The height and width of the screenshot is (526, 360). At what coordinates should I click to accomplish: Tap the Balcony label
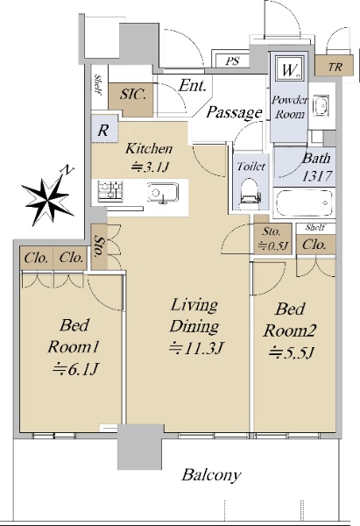pos(211,475)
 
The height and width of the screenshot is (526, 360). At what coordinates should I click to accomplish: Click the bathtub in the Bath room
pos(304,203)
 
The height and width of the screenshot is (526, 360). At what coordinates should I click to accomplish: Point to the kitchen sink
pos(163,193)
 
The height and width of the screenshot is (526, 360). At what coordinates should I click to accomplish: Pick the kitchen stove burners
pos(110,191)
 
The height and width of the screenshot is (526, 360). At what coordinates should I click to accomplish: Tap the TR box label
pos(335,68)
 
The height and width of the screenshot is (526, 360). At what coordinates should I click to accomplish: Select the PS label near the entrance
pos(232,61)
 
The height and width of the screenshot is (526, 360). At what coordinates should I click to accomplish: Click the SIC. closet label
pos(133,95)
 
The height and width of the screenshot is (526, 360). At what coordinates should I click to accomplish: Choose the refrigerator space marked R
pos(102,130)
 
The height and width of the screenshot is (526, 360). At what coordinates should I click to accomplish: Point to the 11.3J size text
pos(195,348)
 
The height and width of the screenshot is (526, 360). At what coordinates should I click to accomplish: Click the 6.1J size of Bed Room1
pos(75,369)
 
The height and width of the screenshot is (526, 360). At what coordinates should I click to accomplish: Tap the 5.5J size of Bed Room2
pos(291,352)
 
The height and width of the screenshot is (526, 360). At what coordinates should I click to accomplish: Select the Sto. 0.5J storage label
pos(272,238)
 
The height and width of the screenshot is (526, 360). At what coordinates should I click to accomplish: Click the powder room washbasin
pos(321,106)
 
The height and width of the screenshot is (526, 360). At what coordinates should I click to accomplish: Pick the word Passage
pos(234,113)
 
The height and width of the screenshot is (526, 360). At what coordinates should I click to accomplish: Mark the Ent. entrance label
pos(193,86)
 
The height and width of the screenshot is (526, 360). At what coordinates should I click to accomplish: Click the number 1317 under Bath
pos(317,176)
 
